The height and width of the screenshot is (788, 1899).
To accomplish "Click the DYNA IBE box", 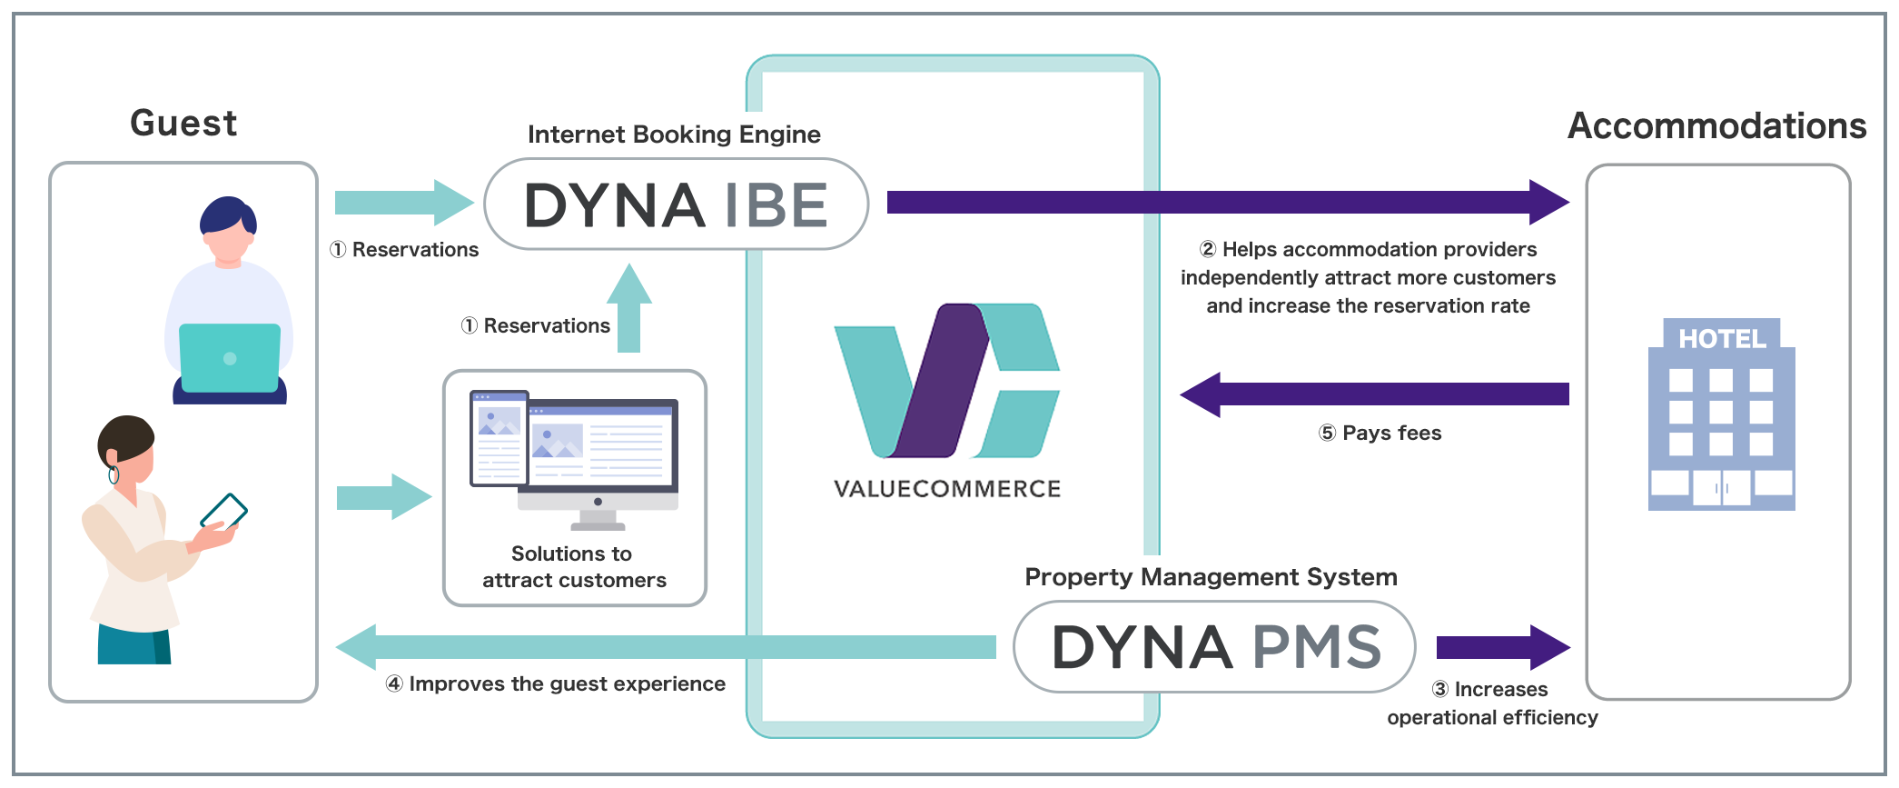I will (x=676, y=204).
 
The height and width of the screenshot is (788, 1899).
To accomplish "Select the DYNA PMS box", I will (x=1214, y=647).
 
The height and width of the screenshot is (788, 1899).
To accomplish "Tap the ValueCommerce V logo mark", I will (x=946, y=380).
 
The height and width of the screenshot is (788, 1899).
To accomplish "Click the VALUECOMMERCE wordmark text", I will (x=947, y=489).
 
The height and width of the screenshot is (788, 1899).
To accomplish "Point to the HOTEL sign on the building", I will (x=1722, y=339).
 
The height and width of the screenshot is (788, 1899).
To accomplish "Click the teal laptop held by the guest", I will (x=230, y=357).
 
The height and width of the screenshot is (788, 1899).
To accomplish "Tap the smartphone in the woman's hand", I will (x=223, y=512).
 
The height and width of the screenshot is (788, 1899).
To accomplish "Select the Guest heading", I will (x=183, y=123).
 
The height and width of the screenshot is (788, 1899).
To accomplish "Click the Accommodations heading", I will (x=1716, y=125).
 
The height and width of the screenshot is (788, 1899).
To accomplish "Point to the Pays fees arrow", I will (x=1375, y=394).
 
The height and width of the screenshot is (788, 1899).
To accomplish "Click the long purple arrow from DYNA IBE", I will (x=1226, y=202).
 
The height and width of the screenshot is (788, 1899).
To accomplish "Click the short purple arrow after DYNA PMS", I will (x=1502, y=647).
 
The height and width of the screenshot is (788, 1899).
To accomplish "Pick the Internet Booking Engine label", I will (x=674, y=135).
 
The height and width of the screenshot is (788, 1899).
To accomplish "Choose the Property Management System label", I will (x=1211, y=577).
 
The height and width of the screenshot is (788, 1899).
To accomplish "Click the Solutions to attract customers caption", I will (x=574, y=567).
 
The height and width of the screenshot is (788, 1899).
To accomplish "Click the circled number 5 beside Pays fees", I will (x=1327, y=434).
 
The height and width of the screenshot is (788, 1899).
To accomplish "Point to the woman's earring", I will (x=114, y=474).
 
